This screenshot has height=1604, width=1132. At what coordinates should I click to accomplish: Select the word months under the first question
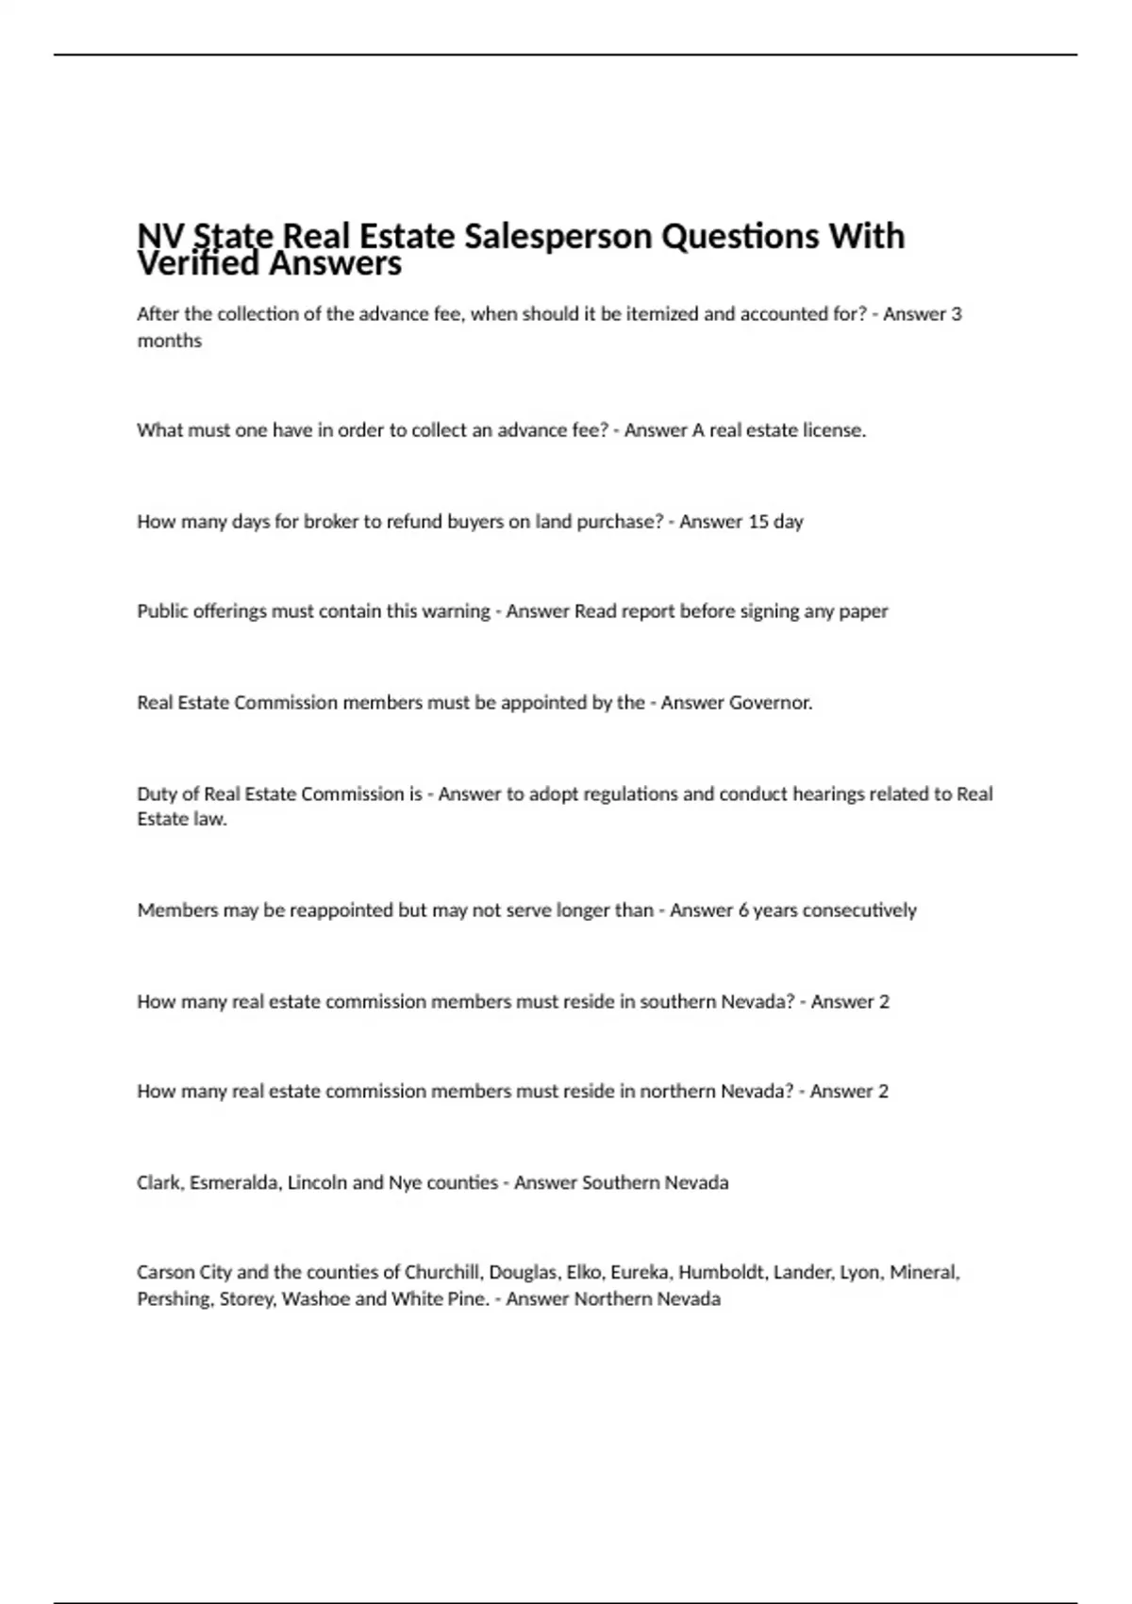click(170, 341)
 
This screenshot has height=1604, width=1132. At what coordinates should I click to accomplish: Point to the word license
click(834, 430)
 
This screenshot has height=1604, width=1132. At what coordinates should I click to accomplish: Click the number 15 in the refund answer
click(757, 522)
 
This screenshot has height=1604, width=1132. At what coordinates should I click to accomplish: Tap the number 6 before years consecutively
click(743, 911)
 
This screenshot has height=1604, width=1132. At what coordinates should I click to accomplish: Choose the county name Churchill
click(442, 1273)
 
